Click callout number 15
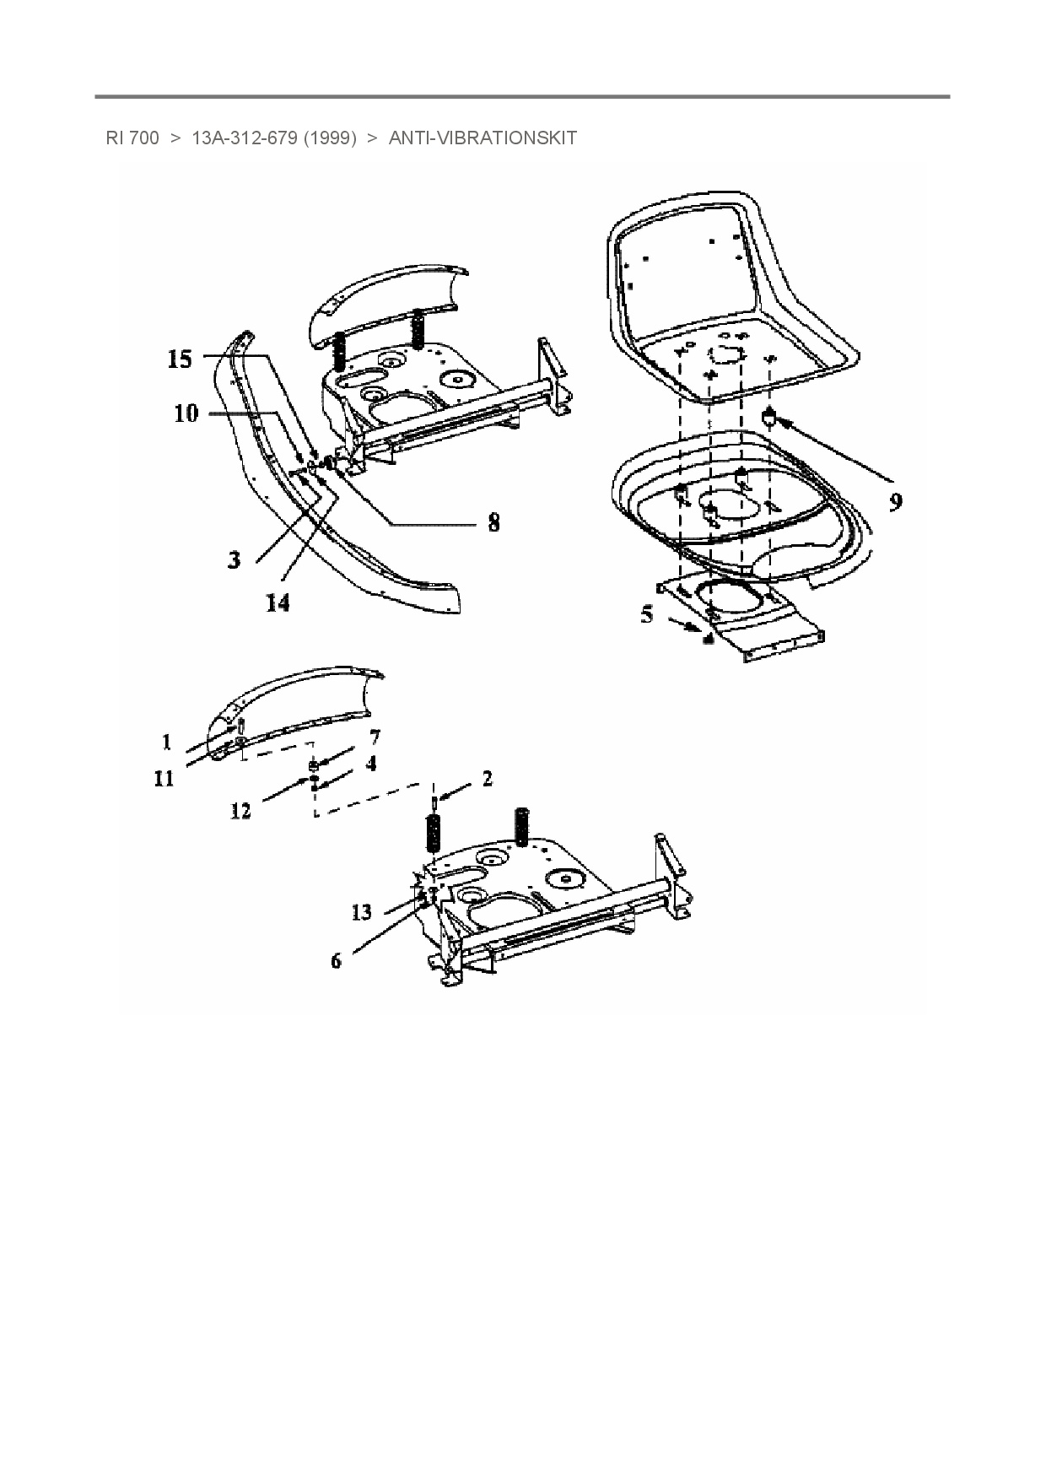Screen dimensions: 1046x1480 [x=180, y=359]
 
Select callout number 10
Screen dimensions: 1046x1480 [x=186, y=413]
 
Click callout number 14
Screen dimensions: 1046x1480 [x=278, y=602]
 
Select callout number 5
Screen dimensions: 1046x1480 [x=647, y=613]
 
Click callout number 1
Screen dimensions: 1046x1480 [x=167, y=742]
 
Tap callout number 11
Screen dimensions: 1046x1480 [x=164, y=778]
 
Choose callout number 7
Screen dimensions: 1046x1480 [x=375, y=738]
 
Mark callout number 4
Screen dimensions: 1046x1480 [x=370, y=763]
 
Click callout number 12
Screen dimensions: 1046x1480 [x=240, y=811]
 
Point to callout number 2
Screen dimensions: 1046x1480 [x=487, y=779]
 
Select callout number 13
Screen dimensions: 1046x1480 [x=361, y=912]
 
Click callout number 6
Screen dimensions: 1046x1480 [x=336, y=960]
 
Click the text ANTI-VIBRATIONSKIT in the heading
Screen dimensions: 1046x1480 [x=483, y=138]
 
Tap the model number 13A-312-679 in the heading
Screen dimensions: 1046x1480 [x=244, y=138]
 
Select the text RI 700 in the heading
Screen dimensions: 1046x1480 [x=132, y=138]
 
